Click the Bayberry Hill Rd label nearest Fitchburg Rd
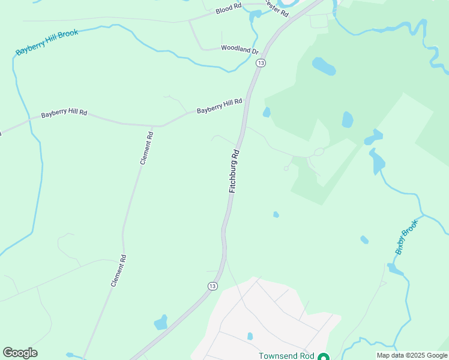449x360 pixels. click(x=219, y=106)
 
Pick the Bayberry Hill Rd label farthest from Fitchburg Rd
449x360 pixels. click(x=64, y=113)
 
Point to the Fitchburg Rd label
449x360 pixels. click(x=234, y=171)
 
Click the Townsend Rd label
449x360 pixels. click(x=286, y=356)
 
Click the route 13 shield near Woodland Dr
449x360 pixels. click(x=261, y=62)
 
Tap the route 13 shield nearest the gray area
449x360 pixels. click(x=212, y=286)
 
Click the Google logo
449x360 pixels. click(x=20, y=353)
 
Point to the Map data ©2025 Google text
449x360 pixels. click(x=412, y=355)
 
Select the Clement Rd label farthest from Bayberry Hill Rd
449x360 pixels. click(x=118, y=271)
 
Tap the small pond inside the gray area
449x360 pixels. click(x=250, y=336)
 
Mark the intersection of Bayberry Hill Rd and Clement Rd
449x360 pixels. click(x=160, y=126)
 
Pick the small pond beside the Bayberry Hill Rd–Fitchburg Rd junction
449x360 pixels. click(x=267, y=112)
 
